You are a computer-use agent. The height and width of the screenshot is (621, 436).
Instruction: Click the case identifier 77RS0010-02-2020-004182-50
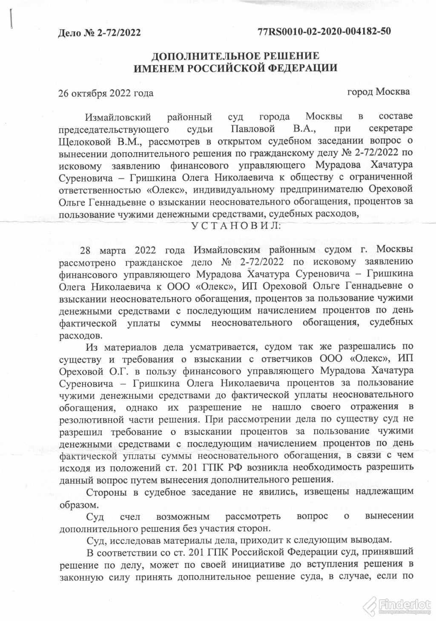click(x=324, y=32)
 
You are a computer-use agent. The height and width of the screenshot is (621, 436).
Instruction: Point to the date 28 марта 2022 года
click(x=134, y=248)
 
